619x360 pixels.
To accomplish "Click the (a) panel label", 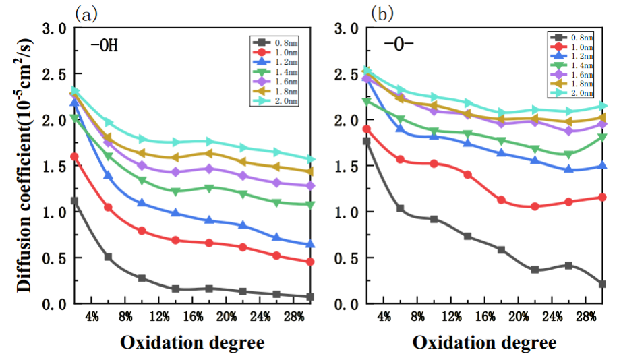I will pos(86,13).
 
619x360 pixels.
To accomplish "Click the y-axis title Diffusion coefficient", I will pos(24,165).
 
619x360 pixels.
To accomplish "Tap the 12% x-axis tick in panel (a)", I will pos(158,317).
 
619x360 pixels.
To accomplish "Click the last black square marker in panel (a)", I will pos(309,297).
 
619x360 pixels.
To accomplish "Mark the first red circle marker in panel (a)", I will pos(74,156).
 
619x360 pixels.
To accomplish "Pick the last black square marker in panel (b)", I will pos(602,284).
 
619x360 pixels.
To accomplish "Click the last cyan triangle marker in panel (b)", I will pos(602,106).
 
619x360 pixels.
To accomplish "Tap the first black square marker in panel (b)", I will pos(367,141).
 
